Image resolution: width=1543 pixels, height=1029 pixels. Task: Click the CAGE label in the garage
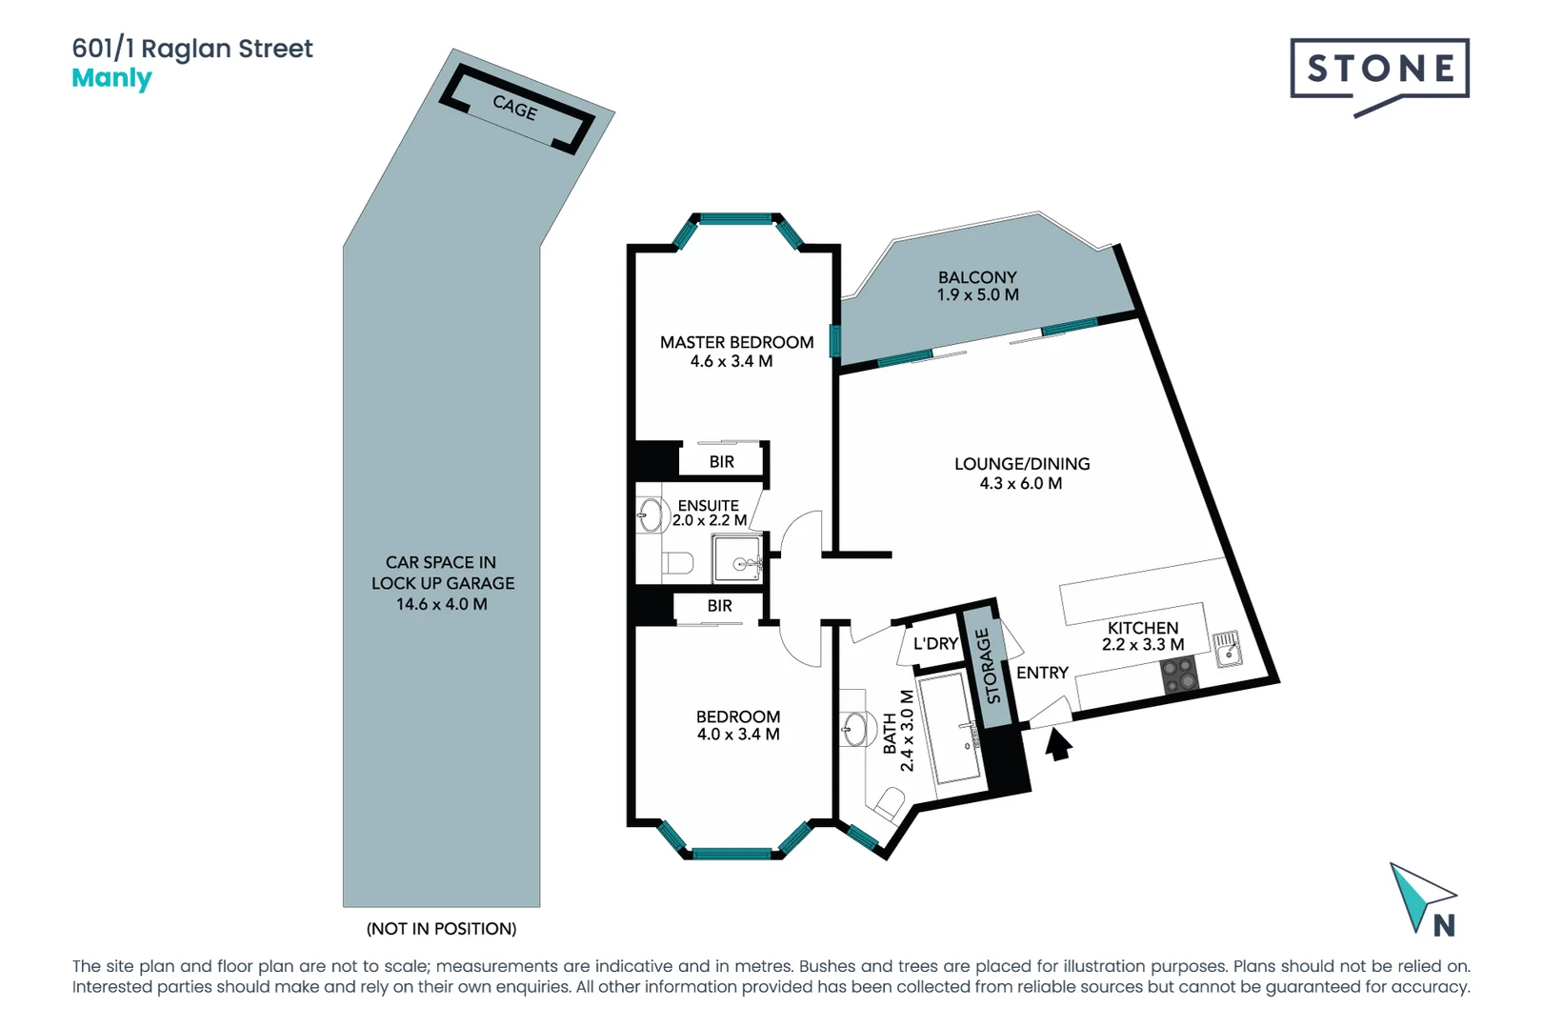(515, 108)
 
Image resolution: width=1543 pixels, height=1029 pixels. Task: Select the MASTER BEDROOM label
(736, 342)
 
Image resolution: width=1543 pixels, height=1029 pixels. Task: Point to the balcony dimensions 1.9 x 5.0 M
(977, 295)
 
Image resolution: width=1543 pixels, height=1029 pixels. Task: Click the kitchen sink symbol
(1228, 648)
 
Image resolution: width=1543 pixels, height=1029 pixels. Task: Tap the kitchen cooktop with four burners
(1180, 676)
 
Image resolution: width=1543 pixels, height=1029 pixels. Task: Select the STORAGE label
(989, 667)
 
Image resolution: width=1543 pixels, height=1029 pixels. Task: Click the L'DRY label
(935, 644)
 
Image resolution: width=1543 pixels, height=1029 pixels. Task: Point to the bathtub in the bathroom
(956, 729)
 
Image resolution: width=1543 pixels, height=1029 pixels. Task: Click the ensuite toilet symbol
(678, 563)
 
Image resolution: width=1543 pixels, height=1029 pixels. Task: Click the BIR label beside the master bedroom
(722, 462)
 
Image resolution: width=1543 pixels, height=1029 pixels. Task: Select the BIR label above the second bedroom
(720, 606)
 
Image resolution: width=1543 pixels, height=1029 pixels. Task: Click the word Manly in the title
(111, 78)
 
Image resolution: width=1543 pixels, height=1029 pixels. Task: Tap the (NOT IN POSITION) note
(441, 928)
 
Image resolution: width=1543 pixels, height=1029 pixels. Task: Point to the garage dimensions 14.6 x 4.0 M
(442, 604)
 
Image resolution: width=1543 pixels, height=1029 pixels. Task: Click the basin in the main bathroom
(856, 730)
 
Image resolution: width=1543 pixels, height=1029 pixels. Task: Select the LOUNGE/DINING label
(1022, 464)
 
